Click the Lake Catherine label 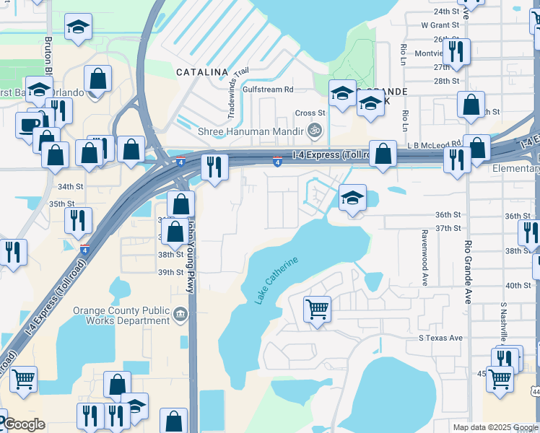click(x=276, y=279)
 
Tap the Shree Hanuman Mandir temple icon click(x=314, y=131)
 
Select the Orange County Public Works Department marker click(x=180, y=314)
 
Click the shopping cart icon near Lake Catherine click(x=317, y=310)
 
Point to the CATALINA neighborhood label click(x=202, y=72)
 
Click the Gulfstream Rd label click(x=269, y=89)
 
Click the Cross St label click(x=310, y=113)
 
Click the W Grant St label click(x=440, y=25)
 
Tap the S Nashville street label click(x=503, y=321)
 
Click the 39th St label click(x=171, y=272)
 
